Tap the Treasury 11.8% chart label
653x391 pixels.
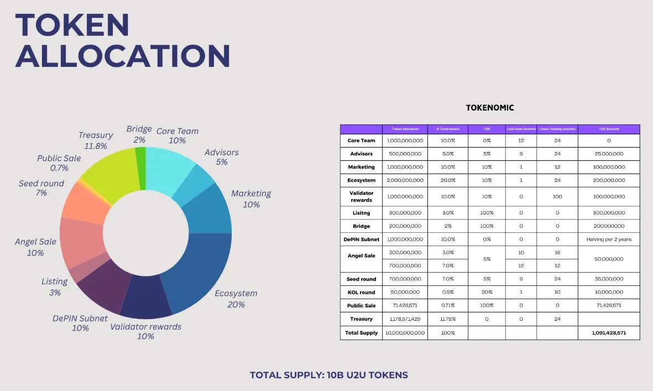[96, 140]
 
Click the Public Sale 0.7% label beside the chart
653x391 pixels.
[59, 163]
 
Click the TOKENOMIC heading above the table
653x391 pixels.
[489, 108]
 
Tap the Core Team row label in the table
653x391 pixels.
[361, 140]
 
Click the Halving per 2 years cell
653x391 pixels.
[609, 239]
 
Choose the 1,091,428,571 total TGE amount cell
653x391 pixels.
[609, 333]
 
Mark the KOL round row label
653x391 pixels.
[361, 293]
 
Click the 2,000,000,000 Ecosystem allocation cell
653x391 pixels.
[405, 180]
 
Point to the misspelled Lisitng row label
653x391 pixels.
[361, 213]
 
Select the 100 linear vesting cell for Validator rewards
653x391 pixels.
[557, 196]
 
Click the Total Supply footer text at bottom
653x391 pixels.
[328, 375]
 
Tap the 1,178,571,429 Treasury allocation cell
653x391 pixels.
[405, 319]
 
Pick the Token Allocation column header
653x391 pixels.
[405, 129]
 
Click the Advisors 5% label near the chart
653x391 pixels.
[221, 157]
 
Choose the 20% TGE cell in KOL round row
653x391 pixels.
[486, 293]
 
